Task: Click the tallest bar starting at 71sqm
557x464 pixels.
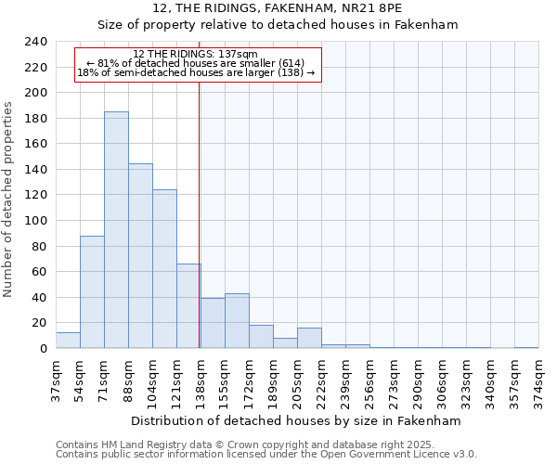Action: tap(116, 230)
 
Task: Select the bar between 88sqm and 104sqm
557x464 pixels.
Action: tap(140, 256)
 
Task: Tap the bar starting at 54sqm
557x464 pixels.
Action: tap(92, 292)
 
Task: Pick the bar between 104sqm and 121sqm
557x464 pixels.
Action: tap(164, 269)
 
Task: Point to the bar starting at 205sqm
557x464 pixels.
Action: tap(309, 338)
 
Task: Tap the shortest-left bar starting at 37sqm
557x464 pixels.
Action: tap(68, 341)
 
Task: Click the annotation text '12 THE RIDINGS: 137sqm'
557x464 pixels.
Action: tap(196, 55)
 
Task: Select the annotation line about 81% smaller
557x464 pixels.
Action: tap(196, 63)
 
